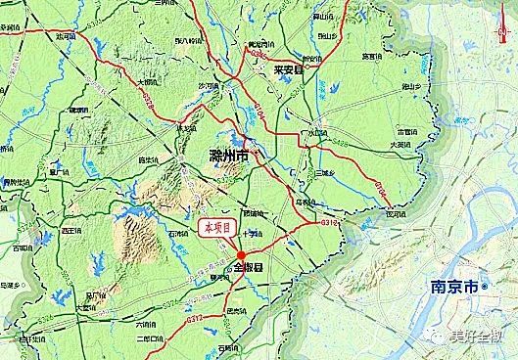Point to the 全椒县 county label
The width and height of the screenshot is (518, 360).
tap(251, 266)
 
